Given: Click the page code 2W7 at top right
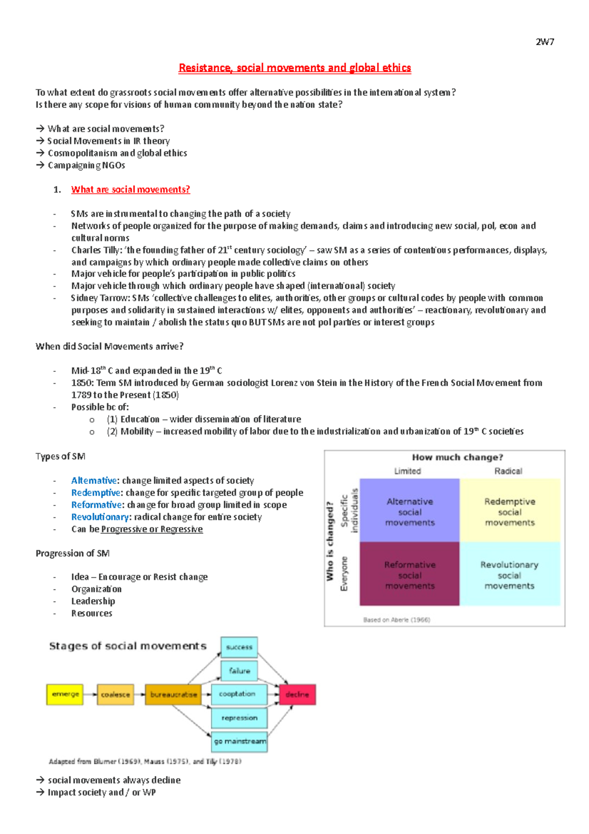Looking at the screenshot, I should pos(544,42).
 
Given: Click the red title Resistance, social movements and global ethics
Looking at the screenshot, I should pos(294,68).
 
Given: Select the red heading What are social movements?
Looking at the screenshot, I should pos(130,190).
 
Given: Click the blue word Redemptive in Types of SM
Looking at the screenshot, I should pos(95,493).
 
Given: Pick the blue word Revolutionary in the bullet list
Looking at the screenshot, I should pos(100,517).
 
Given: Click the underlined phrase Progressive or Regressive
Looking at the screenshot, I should pos(152,529).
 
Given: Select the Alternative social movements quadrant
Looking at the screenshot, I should pos(409,511).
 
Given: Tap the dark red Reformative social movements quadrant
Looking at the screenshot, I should pos(409,575).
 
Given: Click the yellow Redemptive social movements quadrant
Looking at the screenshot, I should pos(509,511).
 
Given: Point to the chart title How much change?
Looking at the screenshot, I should pos(457,457).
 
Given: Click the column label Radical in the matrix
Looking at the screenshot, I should pos(508,471).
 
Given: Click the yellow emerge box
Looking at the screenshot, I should pos(65,694).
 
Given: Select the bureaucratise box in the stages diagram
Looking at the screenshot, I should pos(173,695).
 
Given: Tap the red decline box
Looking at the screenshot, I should pos(297,695).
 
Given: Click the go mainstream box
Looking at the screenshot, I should pos(240,741).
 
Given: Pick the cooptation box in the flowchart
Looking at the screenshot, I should pos(238,694).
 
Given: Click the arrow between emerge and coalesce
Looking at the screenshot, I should pos(90,695).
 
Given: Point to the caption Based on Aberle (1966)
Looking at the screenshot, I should pos(396,620).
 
